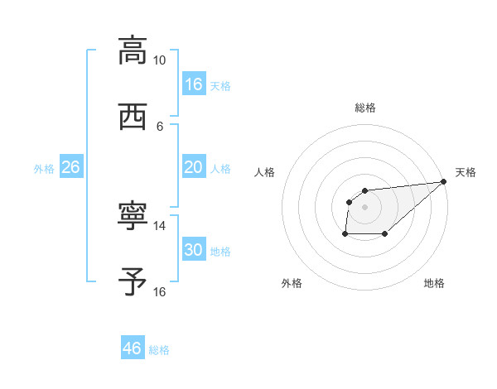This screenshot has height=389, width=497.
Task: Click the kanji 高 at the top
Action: click(133, 51)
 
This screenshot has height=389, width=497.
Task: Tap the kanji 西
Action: click(133, 117)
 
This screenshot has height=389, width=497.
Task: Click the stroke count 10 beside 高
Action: click(159, 60)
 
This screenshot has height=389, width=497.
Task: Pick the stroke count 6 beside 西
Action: click(159, 126)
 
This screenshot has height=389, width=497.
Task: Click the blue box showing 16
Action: click(194, 84)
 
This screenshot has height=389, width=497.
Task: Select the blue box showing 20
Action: click(194, 167)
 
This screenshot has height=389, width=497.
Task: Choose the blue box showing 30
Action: click(194, 250)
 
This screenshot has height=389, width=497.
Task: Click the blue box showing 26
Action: click(70, 167)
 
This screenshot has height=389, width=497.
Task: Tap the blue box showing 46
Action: click(133, 348)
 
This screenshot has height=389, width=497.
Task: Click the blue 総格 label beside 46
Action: click(159, 350)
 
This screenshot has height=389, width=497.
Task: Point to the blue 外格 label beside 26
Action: click(44, 169)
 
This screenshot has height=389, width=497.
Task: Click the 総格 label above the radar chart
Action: click(365, 108)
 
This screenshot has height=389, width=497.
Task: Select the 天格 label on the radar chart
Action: click(466, 172)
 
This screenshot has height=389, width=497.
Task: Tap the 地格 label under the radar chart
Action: click(434, 283)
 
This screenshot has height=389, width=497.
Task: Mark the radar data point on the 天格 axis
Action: click(444, 181)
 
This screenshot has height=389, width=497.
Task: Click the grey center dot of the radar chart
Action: click(365, 206)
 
